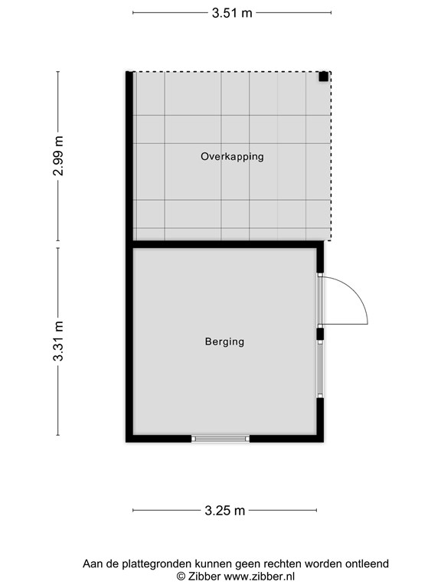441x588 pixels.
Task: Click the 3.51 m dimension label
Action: coord(232,13)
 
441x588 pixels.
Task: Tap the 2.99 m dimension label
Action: coord(58,156)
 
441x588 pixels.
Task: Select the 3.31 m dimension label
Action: coord(58,341)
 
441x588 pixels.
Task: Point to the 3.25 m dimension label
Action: coord(224,511)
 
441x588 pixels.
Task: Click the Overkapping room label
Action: coord(232,156)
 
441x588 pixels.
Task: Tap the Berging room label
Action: coord(224,341)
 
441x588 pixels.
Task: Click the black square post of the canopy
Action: coord(324,77)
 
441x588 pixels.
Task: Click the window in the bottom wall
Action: coord(220,439)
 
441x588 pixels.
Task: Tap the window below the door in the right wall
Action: coord(320,369)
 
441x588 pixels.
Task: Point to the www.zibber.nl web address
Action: coord(259,577)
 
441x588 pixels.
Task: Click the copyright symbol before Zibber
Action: coord(181,577)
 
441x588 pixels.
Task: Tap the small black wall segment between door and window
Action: coord(320,334)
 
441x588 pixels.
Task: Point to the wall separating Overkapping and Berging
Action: coord(228,244)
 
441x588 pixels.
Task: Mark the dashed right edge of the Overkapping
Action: coord(331,156)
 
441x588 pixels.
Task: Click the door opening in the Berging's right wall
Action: coord(320,300)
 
